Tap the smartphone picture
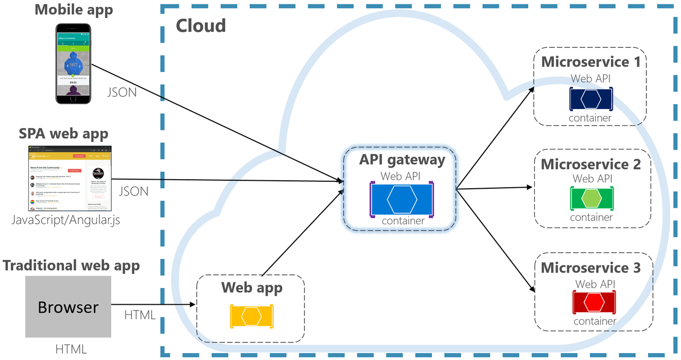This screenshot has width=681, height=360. pyautogui.click(x=74, y=63)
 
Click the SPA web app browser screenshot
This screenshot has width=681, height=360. pyautogui.click(x=70, y=178)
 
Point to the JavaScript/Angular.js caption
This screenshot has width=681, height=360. pyautogui.click(x=66, y=220)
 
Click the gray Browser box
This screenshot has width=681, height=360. pyautogui.click(x=68, y=307)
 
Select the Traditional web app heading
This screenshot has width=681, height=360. pyautogui.click(x=71, y=265)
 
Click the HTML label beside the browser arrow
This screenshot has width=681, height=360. pyautogui.click(x=139, y=315)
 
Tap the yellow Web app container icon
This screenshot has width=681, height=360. pyautogui.click(x=251, y=316)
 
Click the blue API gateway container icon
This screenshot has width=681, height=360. pyautogui.click(x=402, y=199)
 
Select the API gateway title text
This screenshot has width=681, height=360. pyautogui.click(x=402, y=160)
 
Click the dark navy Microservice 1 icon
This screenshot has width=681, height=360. pyautogui.click(x=591, y=99)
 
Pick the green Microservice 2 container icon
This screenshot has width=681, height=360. pyautogui.click(x=591, y=198)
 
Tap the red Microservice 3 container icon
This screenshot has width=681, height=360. pyautogui.click(x=594, y=302)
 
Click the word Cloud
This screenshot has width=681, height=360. pyautogui.click(x=201, y=26)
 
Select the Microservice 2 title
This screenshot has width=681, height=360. pyautogui.click(x=591, y=164)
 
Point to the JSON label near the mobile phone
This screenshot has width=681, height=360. pyautogui.click(x=121, y=93)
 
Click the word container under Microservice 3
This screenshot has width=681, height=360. pyautogui.click(x=594, y=321)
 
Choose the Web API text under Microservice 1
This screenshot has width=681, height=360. pyautogui.click(x=591, y=79)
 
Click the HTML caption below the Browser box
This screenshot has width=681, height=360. pyautogui.click(x=71, y=349)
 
